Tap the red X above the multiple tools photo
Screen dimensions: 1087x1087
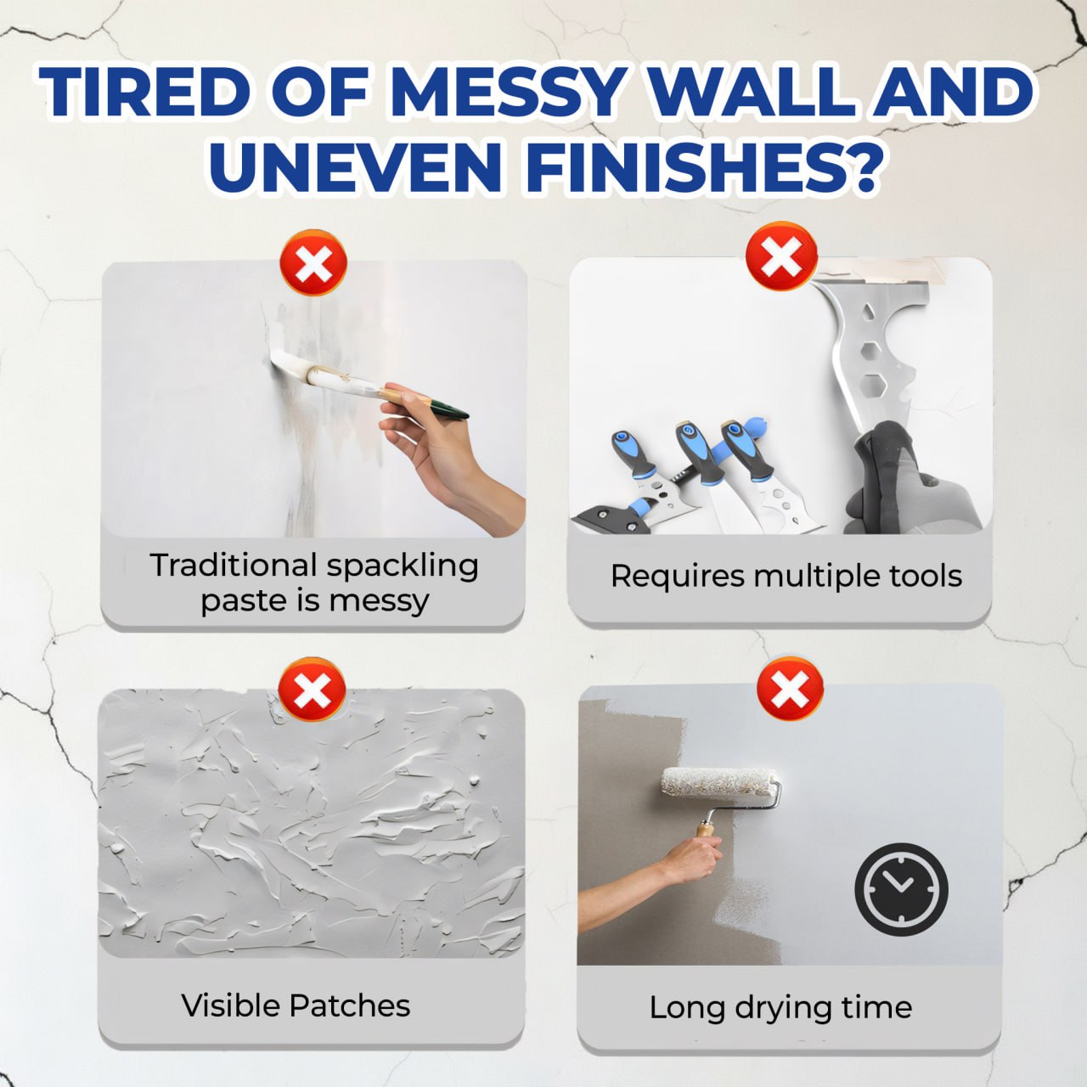click(781, 256)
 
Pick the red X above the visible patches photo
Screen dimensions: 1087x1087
click(313, 690)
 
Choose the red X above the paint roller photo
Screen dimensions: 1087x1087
click(790, 689)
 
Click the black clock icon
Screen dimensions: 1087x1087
click(901, 889)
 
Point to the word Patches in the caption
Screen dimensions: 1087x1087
click(349, 1005)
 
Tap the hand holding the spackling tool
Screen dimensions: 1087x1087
click(442, 450)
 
